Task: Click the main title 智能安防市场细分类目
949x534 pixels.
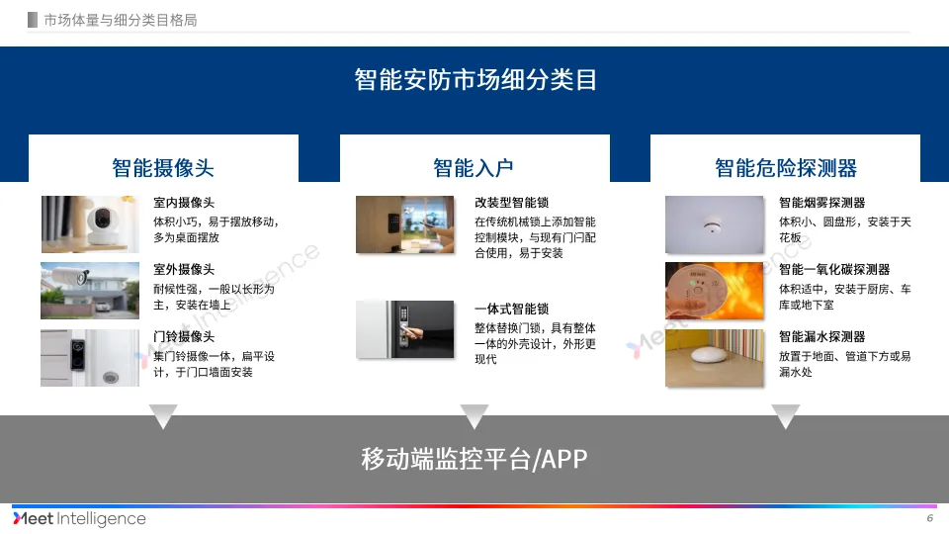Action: (475, 79)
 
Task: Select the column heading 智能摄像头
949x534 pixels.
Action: (163, 167)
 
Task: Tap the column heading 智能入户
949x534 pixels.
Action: (474, 167)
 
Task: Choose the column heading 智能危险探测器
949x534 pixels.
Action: (786, 167)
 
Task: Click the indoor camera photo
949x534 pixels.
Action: (91, 224)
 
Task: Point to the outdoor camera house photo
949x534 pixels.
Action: (91, 290)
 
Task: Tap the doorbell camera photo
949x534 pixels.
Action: (91, 357)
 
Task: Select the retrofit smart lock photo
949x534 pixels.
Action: (406, 224)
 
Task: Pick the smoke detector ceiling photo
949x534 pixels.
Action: (715, 224)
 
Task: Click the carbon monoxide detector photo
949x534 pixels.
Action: (715, 290)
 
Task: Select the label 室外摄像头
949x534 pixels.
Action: (184, 269)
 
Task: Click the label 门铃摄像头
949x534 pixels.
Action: (184, 337)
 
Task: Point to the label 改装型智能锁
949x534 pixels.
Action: (512, 203)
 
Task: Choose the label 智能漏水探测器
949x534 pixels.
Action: (821, 337)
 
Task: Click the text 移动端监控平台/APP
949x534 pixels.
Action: (475, 459)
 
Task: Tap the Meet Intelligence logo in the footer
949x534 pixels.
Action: (79, 519)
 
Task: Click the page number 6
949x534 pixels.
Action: (929, 519)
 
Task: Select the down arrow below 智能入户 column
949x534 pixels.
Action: (474, 416)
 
